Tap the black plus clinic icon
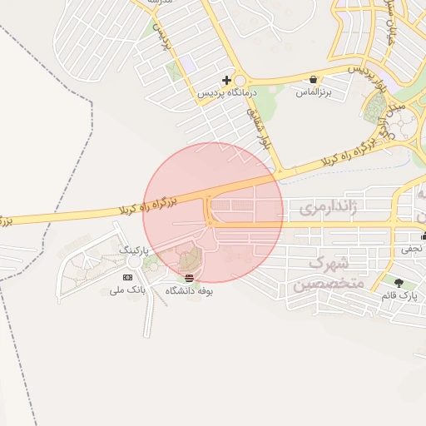tap(226, 80)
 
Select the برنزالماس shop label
tap(314, 92)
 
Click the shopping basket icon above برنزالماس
tap(313, 80)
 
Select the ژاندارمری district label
tap(328, 207)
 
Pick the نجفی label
tap(412, 248)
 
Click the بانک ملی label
tap(129, 291)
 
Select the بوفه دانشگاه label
tap(190, 290)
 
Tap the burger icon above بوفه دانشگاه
tap(190, 277)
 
